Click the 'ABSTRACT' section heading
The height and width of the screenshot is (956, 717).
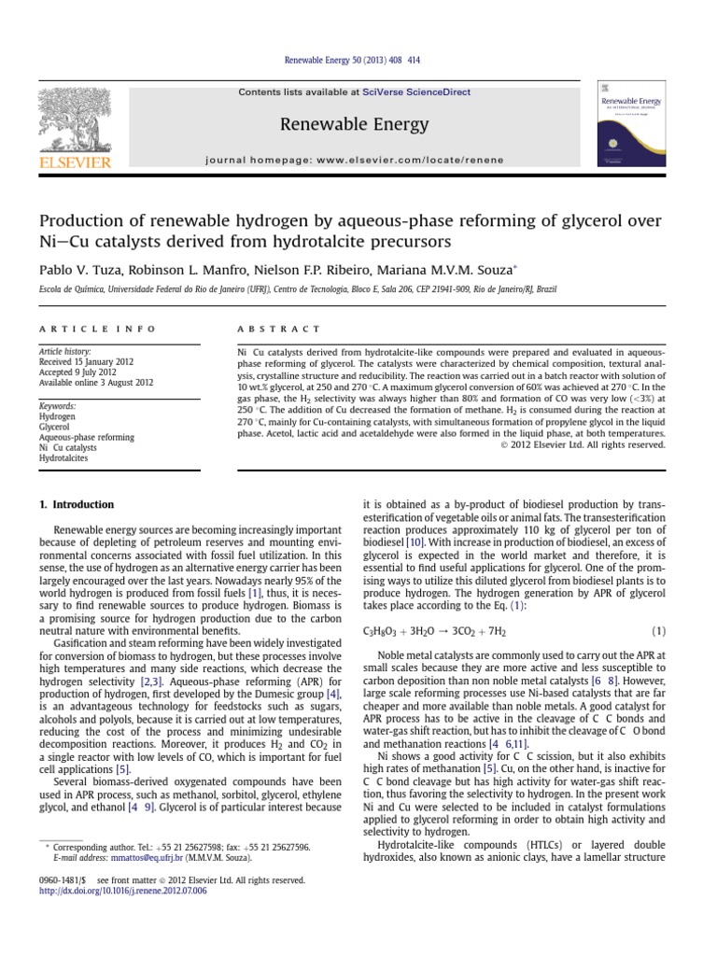pos(280,329)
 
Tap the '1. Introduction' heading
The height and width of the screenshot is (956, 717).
pos(77,505)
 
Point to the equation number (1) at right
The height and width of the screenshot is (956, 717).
pos(657,632)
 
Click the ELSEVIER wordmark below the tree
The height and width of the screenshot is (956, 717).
pos(75,162)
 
